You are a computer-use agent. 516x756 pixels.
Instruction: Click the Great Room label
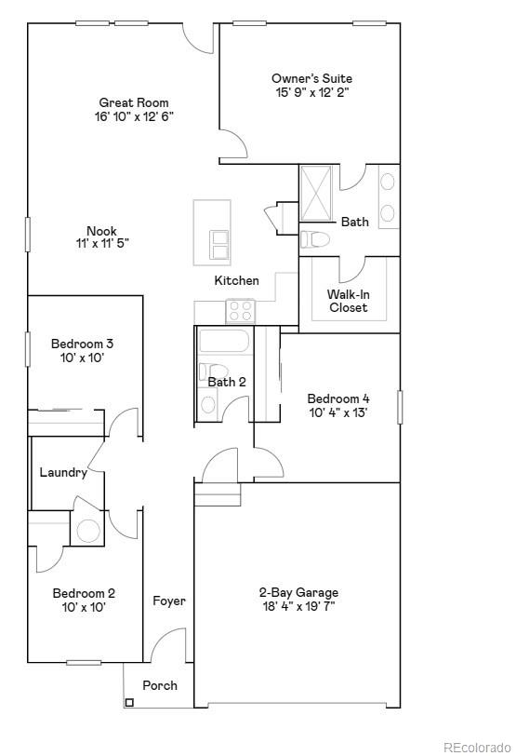(134, 102)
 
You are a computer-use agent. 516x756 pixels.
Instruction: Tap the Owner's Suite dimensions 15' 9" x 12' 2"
(311, 93)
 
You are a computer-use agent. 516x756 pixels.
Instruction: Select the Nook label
(102, 231)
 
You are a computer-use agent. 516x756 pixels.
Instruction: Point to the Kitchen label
(237, 280)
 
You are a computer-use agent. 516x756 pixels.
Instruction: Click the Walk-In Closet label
(348, 301)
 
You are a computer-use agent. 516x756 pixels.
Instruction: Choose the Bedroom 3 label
(83, 344)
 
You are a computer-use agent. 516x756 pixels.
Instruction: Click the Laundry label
(63, 472)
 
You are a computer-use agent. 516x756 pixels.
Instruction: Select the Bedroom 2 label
(84, 593)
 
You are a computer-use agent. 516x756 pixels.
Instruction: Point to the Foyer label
(169, 601)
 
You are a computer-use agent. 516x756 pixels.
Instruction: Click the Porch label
(160, 685)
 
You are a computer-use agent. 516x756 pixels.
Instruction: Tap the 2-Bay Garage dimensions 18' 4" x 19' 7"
(298, 606)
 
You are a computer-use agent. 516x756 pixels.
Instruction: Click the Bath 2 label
(227, 382)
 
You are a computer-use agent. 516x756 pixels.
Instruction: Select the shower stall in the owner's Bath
(319, 194)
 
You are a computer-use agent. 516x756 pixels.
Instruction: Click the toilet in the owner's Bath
(316, 239)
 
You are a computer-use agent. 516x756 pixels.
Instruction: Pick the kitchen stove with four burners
(241, 310)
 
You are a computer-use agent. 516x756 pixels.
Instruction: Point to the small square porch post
(128, 702)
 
